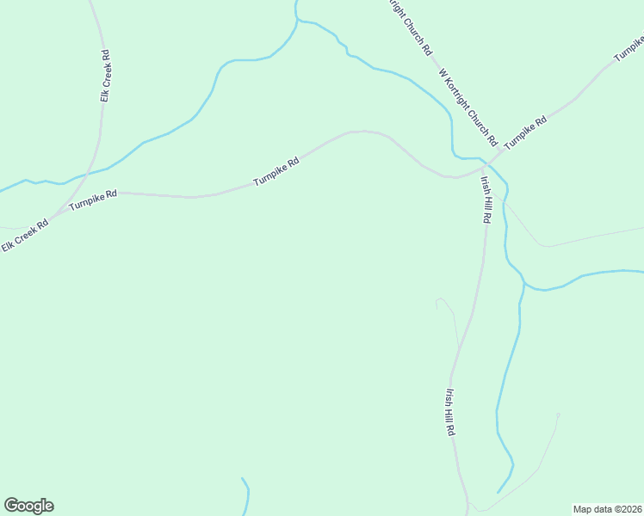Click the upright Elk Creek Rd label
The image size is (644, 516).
[104, 77]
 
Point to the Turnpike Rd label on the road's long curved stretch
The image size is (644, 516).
[276, 171]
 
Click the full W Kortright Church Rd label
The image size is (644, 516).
[468, 107]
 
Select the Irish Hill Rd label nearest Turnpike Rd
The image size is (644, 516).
[485, 200]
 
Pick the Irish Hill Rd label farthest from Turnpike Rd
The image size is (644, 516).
[450, 412]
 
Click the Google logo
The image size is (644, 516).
[28, 506]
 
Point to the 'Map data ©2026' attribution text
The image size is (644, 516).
[607, 509]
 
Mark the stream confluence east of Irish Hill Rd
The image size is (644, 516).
[523, 283]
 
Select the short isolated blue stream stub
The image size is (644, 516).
[246, 494]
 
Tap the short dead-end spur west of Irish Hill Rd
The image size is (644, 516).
[444, 303]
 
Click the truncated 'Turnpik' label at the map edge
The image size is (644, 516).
[629, 48]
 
